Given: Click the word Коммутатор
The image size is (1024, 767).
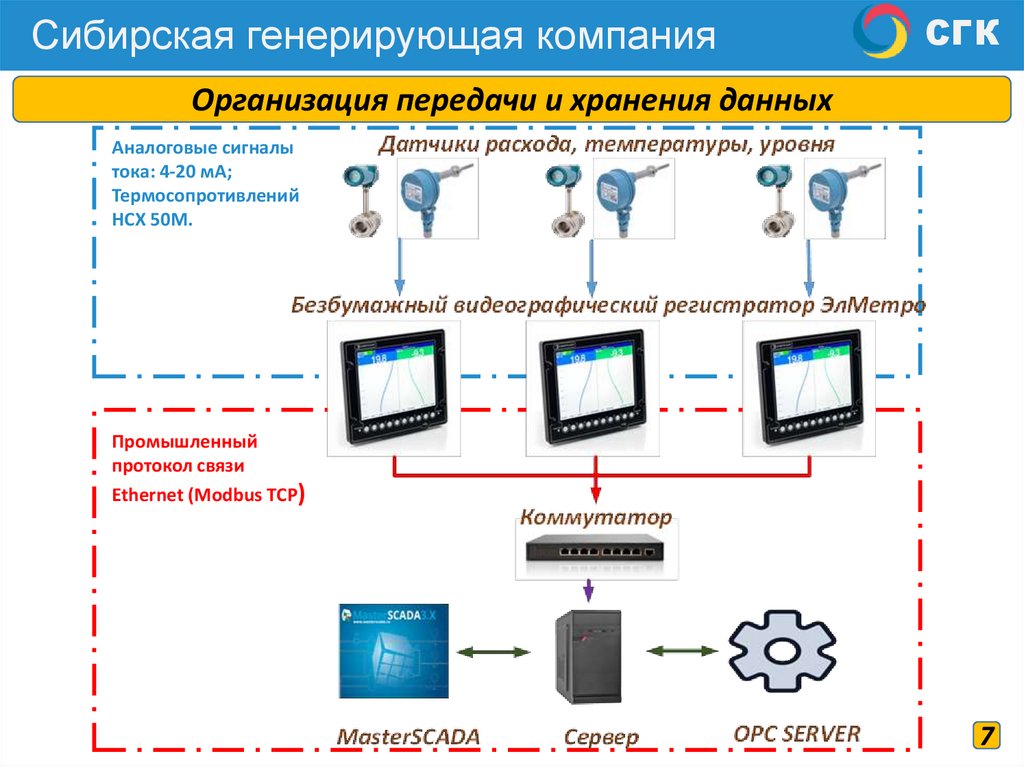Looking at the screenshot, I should coord(595,519).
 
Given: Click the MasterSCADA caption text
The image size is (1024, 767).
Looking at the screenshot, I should coord(408,737).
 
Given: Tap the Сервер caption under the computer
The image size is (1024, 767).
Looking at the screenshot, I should coord(601,738).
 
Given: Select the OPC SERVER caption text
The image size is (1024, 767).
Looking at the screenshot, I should coord(796,733).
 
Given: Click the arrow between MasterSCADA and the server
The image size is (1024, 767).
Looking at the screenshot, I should coord(493,652).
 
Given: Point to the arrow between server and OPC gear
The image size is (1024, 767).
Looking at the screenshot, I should coord(683,651).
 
